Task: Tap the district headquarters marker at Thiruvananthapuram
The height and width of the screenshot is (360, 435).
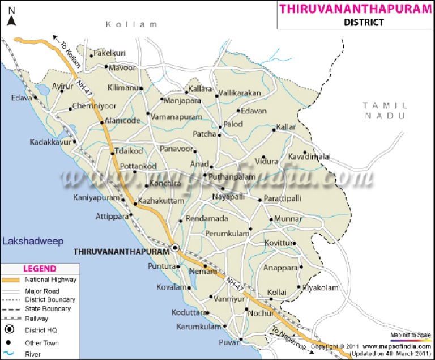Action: (x=176, y=248)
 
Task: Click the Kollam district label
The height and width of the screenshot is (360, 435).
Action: (x=131, y=24)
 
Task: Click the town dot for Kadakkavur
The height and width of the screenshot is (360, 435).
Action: (x=74, y=142)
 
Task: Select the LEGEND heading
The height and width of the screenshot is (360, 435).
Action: (x=39, y=269)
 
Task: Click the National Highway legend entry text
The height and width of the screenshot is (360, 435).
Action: (x=50, y=279)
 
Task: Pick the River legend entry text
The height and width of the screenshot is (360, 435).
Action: (x=32, y=354)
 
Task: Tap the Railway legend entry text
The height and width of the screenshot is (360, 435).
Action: (x=37, y=319)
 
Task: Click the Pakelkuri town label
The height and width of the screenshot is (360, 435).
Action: (x=110, y=53)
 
